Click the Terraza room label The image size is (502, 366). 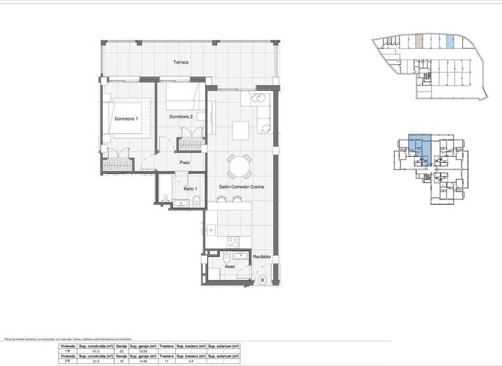pyautogui.click(x=181, y=63)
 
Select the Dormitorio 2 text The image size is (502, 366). pyautogui.click(x=180, y=117)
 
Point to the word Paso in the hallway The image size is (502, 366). pyautogui.click(x=185, y=163)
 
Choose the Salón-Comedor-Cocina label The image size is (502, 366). pyautogui.click(x=241, y=187)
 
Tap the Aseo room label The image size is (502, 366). pyautogui.click(x=229, y=267)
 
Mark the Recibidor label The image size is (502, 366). pyautogui.click(x=262, y=257)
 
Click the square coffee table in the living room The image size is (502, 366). pyautogui.click(x=242, y=129)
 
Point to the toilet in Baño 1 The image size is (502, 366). pyautogui.click(x=165, y=198)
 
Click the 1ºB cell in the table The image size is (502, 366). pyautogui.click(x=68, y=352)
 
